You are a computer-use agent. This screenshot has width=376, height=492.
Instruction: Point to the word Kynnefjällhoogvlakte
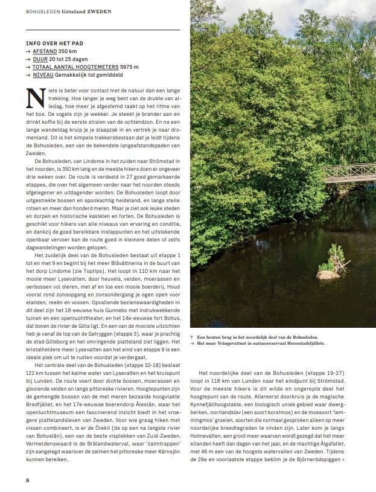point(220,400)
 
